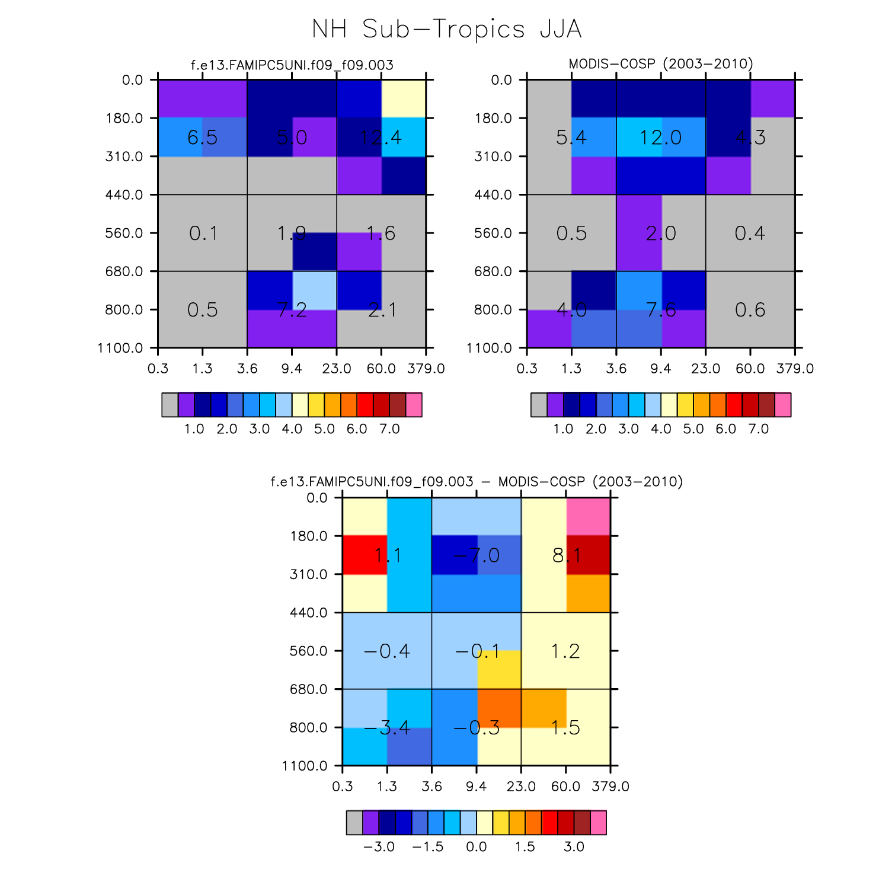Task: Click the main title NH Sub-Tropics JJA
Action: coord(447,29)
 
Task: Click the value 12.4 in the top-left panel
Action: coord(381,138)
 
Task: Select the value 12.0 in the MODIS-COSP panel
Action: coord(660,138)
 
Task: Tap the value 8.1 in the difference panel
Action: coord(566,555)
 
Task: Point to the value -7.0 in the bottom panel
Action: coord(477,555)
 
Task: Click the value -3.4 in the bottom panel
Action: coord(386,727)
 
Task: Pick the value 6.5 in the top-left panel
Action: coord(202,138)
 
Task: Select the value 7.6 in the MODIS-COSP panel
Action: coord(660,309)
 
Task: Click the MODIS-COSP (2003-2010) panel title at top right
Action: coord(660,64)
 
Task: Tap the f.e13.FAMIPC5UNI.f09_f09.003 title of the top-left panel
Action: coord(292,65)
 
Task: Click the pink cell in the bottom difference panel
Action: coord(588,517)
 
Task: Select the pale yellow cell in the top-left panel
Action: coord(404,98)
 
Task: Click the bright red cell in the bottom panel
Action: coord(365,555)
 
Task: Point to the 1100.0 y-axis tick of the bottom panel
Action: coord(305,766)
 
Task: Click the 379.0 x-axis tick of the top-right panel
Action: coord(795,369)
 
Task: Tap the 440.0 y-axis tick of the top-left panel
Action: coord(124,195)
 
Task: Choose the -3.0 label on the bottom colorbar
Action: coord(379,846)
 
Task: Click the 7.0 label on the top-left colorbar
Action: coord(389,429)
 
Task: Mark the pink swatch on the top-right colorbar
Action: coord(782,405)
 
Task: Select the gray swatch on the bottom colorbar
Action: coord(354,823)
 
